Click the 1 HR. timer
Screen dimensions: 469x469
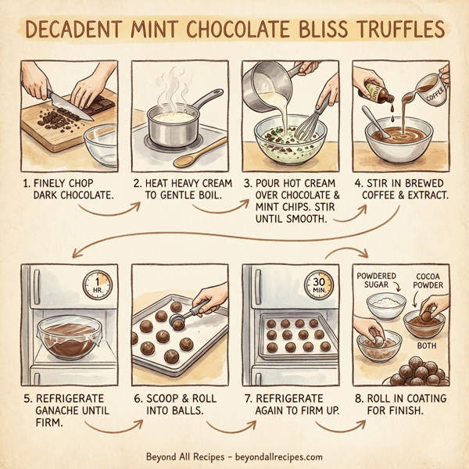98,285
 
